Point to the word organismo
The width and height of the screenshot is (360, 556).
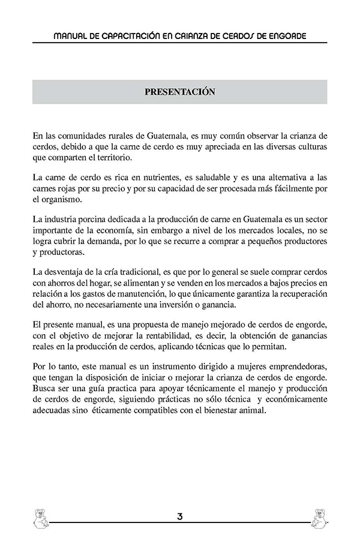[x=68, y=200]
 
